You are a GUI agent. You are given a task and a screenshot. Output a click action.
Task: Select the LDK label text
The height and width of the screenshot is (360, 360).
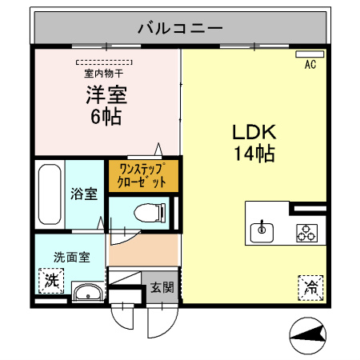click(254, 131)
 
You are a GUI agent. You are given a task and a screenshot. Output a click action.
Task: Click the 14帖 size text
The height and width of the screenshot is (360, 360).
click(254, 154)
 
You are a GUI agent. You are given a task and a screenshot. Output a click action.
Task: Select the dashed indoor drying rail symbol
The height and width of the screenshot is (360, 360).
click(106, 61)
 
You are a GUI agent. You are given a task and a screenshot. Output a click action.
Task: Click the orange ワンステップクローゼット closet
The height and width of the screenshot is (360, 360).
click(142, 175)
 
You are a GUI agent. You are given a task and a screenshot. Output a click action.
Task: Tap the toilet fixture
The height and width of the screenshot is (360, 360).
click(149, 213)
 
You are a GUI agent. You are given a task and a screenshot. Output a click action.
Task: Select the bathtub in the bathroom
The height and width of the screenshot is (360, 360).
click(49, 194)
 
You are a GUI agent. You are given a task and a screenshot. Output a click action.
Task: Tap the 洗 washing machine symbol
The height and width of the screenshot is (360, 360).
click(50, 282)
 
